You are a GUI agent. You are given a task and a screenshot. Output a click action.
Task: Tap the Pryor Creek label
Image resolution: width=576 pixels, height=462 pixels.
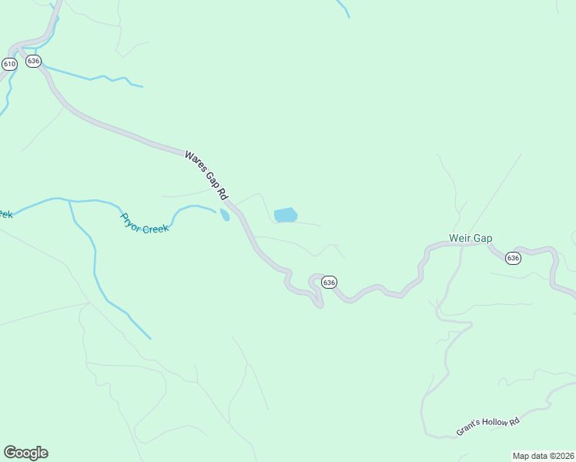(144, 223)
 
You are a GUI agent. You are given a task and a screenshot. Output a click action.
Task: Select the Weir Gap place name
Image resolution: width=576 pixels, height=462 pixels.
(471, 239)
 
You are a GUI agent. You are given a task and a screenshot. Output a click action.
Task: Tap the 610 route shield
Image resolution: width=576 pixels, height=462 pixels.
(9, 65)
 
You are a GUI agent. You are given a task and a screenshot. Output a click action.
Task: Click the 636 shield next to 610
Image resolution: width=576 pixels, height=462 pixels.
(32, 61)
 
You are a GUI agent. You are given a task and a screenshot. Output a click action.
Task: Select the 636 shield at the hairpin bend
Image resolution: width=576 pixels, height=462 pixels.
(329, 283)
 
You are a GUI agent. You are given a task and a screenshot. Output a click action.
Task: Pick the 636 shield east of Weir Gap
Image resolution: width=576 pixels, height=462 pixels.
(514, 258)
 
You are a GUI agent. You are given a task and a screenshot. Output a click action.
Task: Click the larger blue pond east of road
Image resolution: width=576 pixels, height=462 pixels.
(286, 215)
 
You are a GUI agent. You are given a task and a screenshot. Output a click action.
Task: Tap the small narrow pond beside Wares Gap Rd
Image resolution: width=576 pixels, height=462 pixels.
(225, 215)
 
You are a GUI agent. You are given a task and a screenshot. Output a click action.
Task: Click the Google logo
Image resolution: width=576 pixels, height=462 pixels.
(25, 453)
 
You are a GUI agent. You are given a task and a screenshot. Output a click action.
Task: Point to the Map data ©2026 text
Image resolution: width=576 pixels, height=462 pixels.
(544, 456)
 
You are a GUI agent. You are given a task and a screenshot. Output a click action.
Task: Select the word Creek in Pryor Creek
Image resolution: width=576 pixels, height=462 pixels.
(156, 227)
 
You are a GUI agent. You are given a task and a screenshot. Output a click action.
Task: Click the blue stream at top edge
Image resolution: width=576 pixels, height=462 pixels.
(343, 8)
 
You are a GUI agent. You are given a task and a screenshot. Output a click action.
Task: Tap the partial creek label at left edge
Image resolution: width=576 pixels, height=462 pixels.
(5, 214)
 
